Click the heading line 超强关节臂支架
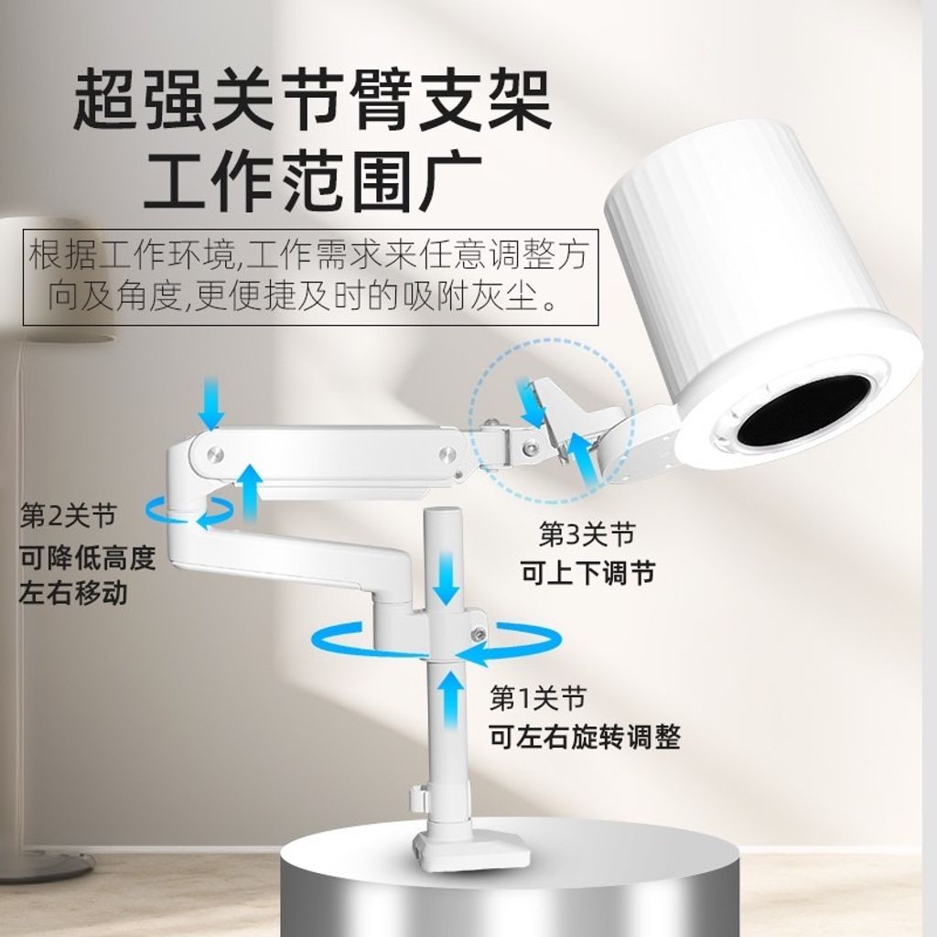312,99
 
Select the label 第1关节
537,697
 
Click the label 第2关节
68,516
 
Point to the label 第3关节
587,533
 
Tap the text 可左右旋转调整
585,737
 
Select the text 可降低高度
88,557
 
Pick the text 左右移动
74,594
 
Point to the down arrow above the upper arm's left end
211,403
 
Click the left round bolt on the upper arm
215,456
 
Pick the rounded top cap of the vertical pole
442,515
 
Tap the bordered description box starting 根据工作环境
311,277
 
